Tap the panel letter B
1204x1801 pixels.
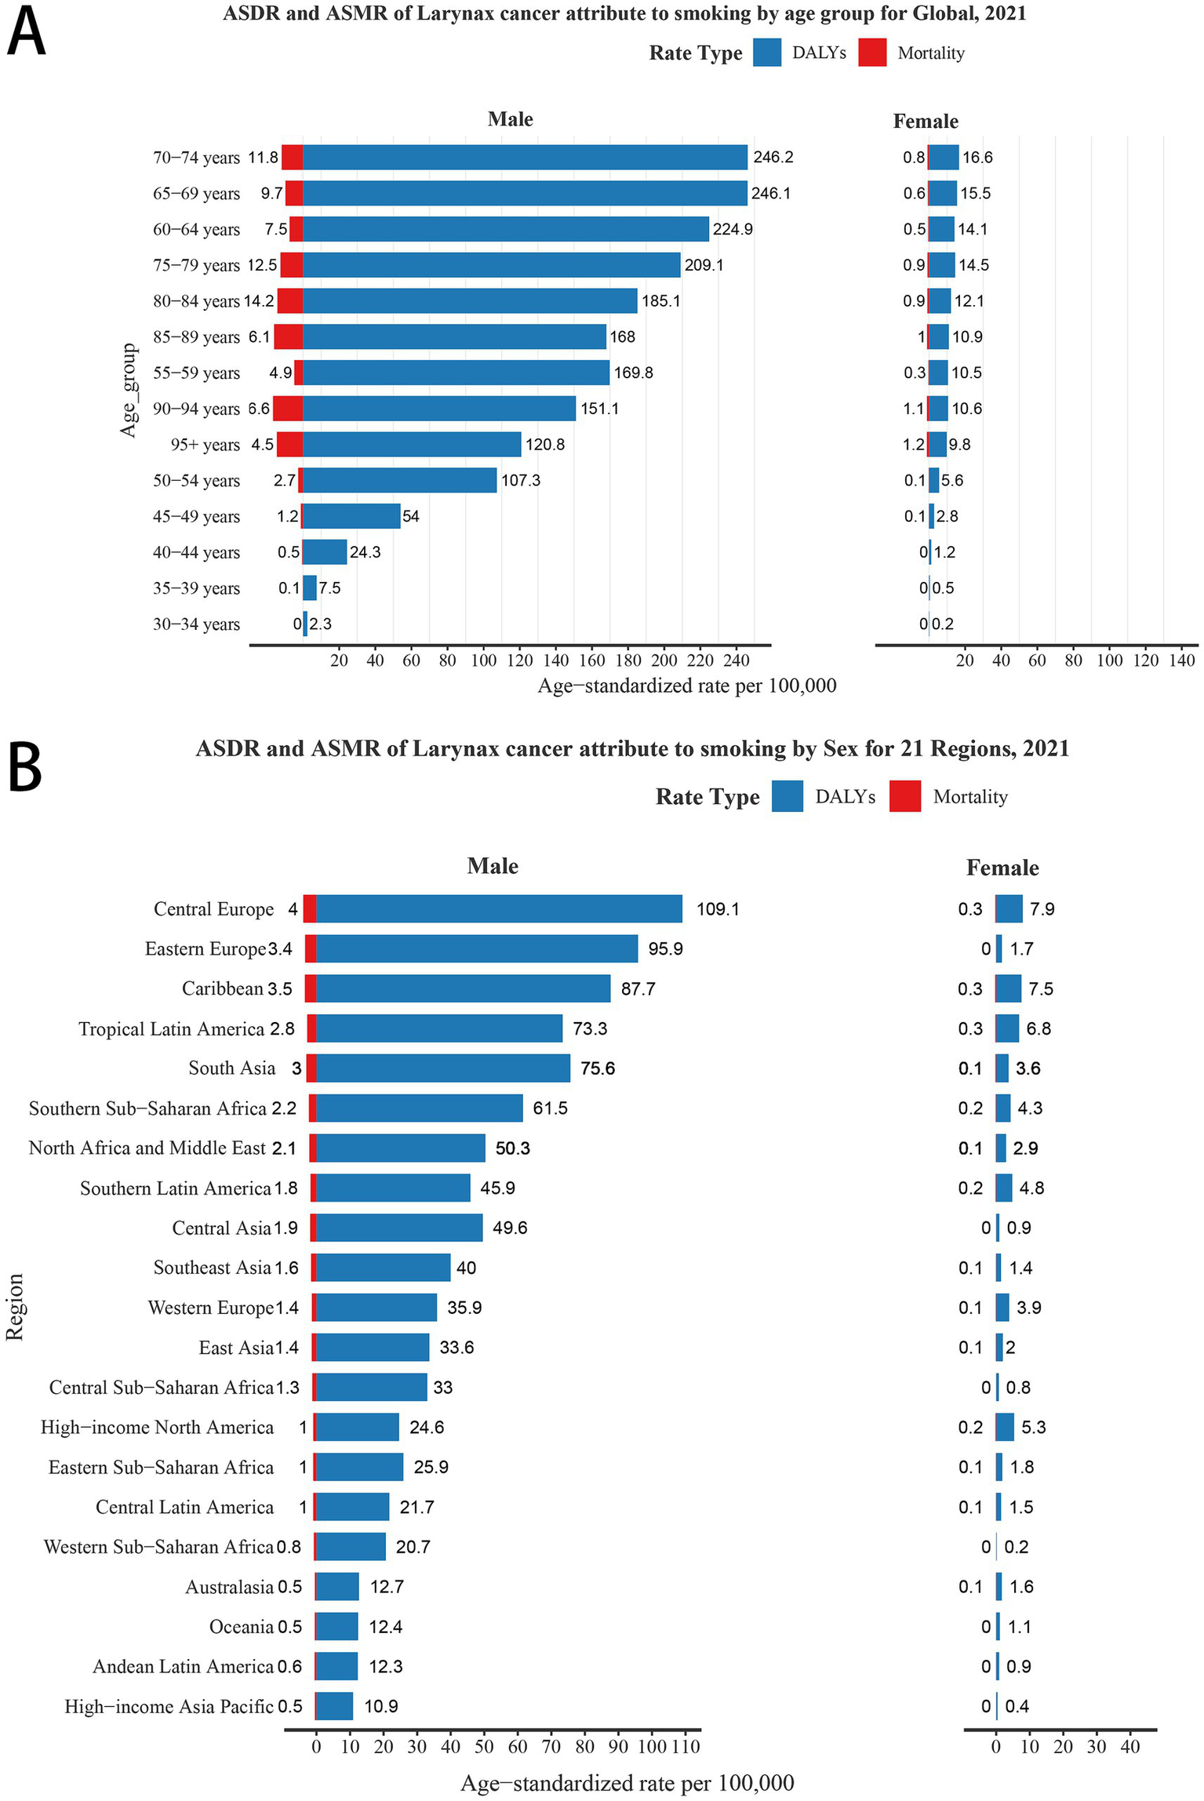24,769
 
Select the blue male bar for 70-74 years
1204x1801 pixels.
525,158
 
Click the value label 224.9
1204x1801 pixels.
733,229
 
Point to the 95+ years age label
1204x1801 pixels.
205,445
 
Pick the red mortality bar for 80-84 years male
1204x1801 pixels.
290,301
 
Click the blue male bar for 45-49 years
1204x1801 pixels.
351,516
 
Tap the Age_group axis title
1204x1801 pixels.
128,390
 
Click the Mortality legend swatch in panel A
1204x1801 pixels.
872,53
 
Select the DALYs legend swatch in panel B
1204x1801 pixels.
787,796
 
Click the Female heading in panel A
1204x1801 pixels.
926,121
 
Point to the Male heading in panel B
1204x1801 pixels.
493,866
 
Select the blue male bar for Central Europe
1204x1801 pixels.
499,909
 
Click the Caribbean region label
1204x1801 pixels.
223,988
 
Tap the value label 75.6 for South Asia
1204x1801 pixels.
598,1068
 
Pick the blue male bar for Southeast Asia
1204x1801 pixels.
383,1268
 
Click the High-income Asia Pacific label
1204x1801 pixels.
169,1706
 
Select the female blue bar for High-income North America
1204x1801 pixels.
1005,1427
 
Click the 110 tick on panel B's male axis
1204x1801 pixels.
686,1747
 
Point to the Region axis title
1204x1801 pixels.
15,1307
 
